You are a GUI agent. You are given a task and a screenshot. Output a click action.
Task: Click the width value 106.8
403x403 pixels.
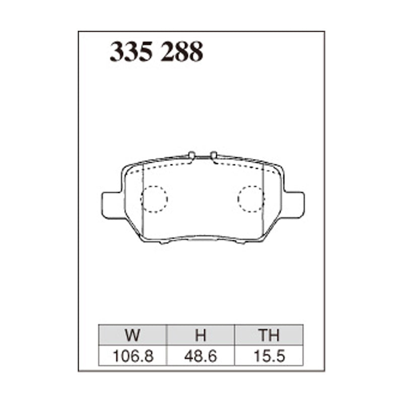(x=133, y=356)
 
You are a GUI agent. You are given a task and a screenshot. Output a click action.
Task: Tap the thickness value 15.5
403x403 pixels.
(x=269, y=356)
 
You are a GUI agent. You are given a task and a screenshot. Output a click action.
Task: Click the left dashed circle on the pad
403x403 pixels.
(x=154, y=199)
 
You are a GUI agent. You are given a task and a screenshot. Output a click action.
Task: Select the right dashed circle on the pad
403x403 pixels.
(x=251, y=199)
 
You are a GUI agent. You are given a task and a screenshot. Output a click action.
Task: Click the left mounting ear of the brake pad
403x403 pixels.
(x=110, y=205)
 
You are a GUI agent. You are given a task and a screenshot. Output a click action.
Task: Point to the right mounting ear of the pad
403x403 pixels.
(x=294, y=205)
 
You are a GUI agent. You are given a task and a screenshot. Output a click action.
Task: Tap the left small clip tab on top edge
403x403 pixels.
(x=191, y=154)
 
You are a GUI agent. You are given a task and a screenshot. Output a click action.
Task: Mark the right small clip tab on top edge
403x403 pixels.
(x=214, y=154)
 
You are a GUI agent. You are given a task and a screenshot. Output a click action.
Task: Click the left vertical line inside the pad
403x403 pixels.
(x=144, y=201)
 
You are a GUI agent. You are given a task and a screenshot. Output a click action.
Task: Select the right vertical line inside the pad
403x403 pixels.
(x=264, y=201)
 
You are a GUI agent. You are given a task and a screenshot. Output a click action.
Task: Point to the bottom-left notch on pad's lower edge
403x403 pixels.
(x=162, y=242)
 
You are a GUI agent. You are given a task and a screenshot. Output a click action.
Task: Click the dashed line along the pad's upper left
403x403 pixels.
(x=166, y=164)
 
